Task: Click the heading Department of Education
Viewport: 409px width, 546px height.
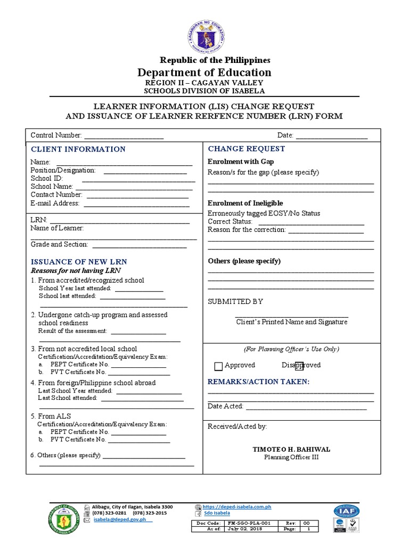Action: [x=204, y=73]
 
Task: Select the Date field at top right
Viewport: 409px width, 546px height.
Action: [x=331, y=137]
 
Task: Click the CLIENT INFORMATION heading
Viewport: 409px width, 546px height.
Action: [x=78, y=149]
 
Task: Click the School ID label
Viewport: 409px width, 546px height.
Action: [x=47, y=178]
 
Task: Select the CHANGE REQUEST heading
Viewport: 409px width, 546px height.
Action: [x=247, y=149]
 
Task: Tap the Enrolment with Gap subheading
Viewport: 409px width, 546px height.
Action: [x=241, y=162]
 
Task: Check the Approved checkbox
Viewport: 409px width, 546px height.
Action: [x=218, y=366]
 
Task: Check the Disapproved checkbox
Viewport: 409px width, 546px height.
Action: [x=299, y=366]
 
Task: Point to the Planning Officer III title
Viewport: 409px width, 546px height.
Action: [x=290, y=457]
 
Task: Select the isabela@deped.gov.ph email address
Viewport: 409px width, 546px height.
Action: [x=120, y=519]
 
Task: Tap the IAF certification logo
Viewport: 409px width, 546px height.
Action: [x=347, y=511]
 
